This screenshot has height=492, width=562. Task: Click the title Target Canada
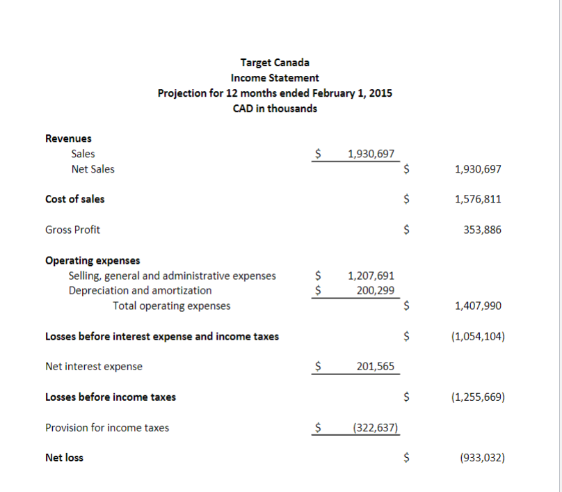(x=275, y=63)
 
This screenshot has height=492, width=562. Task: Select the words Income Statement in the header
(x=275, y=78)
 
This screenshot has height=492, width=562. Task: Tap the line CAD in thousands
(x=275, y=109)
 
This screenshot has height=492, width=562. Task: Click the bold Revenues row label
(x=68, y=138)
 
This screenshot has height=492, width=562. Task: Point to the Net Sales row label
(x=93, y=169)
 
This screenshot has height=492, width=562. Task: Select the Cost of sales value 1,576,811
(x=477, y=199)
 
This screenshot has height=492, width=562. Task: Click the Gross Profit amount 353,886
(x=481, y=230)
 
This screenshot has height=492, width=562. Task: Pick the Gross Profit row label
(x=72, y=230)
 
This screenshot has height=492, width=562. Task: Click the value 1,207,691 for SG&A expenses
(x=371, y=276)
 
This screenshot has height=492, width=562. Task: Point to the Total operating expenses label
(x=172, y=305)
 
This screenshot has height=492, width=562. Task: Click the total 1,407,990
(x=477, y=305)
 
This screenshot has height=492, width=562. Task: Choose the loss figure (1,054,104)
(x=477, y=336)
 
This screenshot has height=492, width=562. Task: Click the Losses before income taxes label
(x=111, y=397)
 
